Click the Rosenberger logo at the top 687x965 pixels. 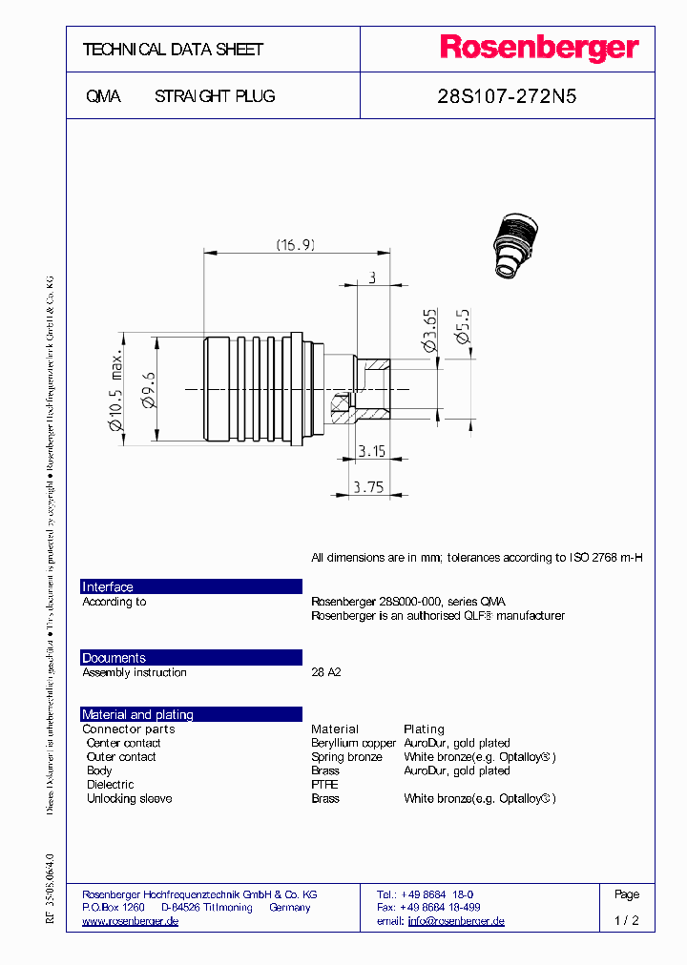click(538, 49)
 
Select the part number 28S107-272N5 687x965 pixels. click(507, 96)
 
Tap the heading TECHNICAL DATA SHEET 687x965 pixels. click(173, 50)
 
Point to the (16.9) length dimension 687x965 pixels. click(296, 245)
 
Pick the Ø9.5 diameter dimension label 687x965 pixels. click(149, 390)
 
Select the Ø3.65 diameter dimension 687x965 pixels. click(430, 330)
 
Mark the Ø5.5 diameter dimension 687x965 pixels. click(463, 326)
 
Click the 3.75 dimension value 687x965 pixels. click(368, 486)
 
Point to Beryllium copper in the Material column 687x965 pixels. click(353, 743)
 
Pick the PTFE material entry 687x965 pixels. click(324, 785)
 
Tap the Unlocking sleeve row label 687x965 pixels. click(129, 798)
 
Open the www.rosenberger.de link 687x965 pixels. click(131, 921)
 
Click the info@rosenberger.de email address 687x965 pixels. click(456, 921)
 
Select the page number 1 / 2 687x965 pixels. click(627, 921)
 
